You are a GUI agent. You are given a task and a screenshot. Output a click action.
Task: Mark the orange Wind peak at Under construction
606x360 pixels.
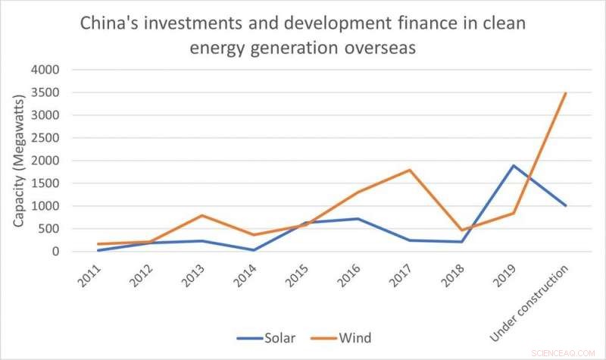[x=565, y=93]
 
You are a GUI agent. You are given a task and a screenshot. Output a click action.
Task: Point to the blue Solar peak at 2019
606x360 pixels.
[x=515, y=165]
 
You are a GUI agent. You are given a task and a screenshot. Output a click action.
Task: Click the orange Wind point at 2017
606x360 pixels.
[x=410, y=170]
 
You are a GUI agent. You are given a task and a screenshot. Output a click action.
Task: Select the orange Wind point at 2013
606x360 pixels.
[x=202, y=215]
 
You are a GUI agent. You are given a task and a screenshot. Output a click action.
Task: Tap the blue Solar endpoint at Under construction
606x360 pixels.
[x=565, y=205]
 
